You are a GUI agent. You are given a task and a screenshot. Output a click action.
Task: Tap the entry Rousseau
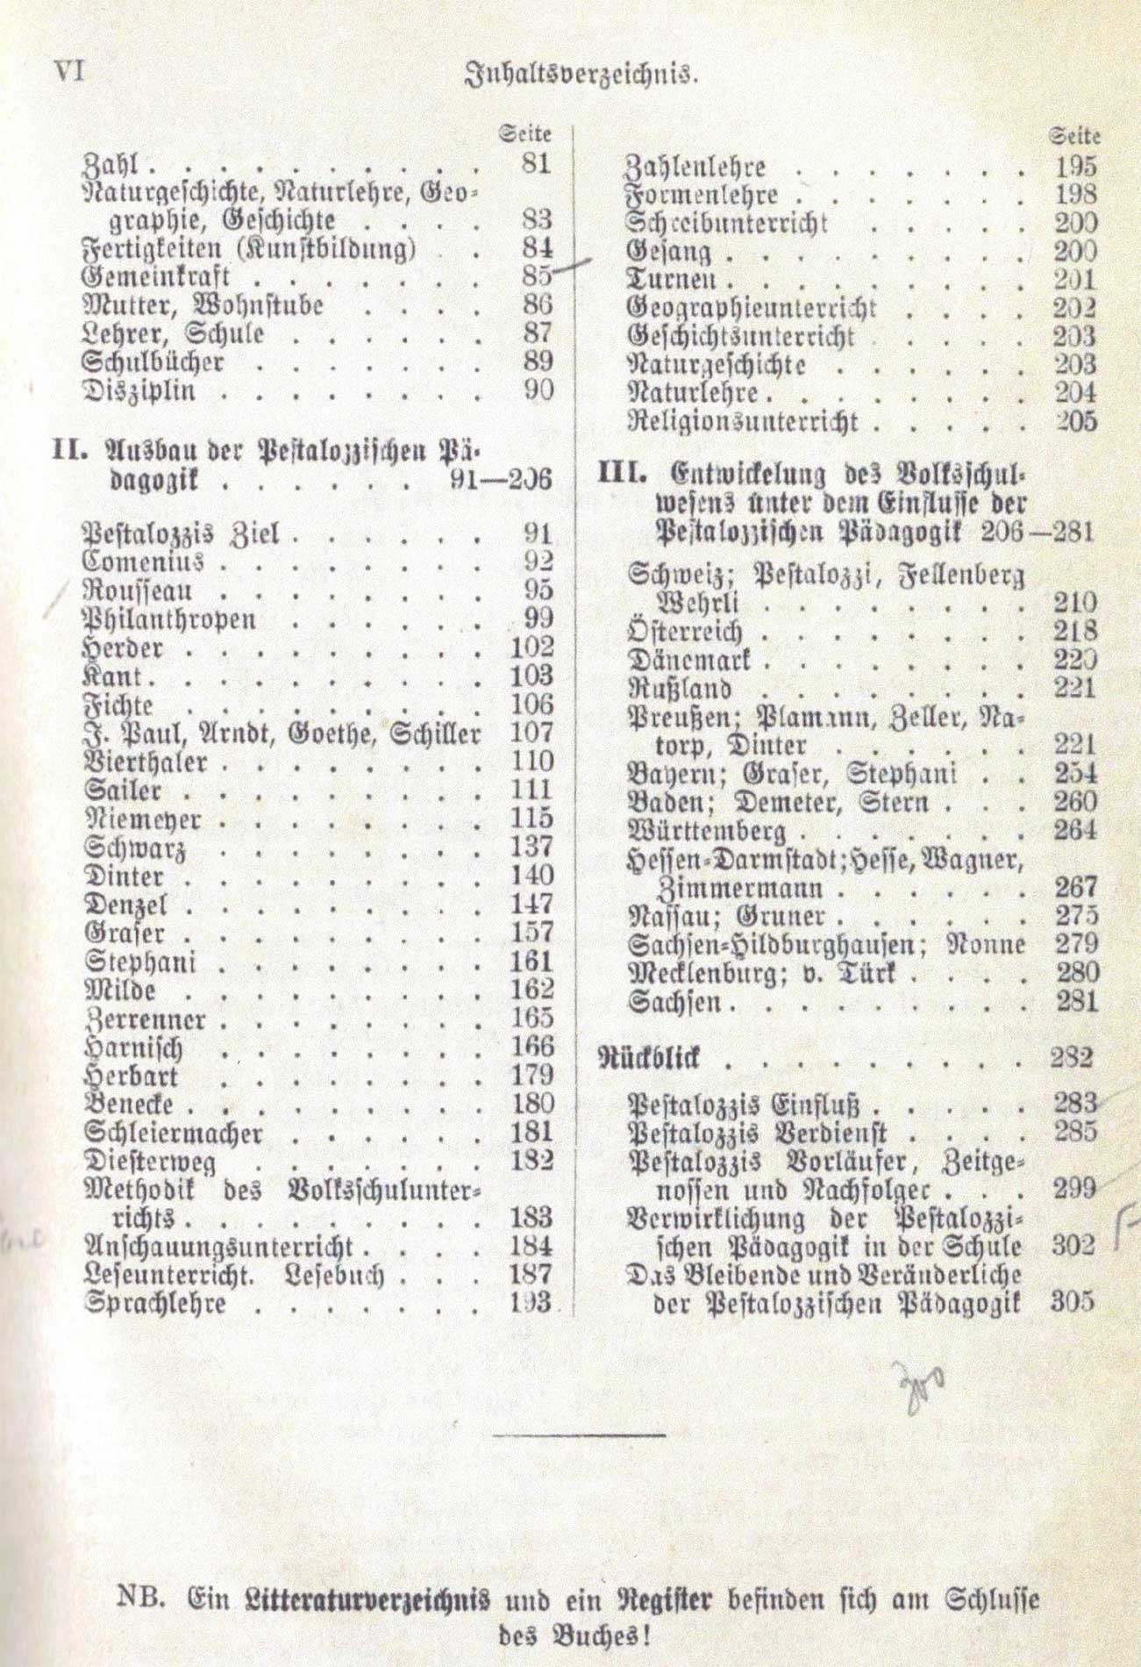pyautogui.click(x=137, y=590)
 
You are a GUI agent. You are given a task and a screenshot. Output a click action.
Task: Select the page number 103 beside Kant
pyautogui.click(x=531, y=676)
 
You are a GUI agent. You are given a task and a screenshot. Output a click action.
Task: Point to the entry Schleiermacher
pyautogui.click(x=172, y=1133)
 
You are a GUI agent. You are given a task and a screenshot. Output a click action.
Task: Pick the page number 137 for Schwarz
pyautogui.click(x=531, y=847)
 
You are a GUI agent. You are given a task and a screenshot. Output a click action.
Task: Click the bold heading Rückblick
pyautogui.click(x=650, y=1058)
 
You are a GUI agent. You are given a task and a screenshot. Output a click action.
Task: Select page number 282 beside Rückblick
pyautogui.click(x=1071, y=1057)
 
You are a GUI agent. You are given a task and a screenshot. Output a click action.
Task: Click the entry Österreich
pyautogui.click(x=686, y=632)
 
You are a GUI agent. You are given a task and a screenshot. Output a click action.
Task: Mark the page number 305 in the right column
pyautogui.click(x=1071, y=1301)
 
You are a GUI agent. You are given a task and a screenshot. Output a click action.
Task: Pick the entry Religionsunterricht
pyautogui.click(x=742, y=422)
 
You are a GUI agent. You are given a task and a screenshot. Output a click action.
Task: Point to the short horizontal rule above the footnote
pyautogui.click(x=579, y=1435)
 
